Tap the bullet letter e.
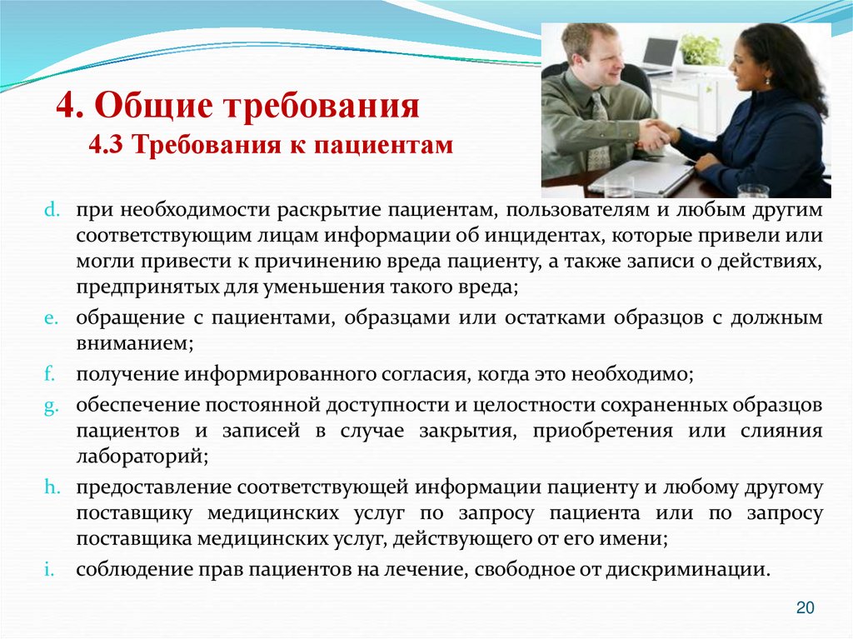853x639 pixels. tap(48, 318)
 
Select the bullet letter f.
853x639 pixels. tap(47, 374)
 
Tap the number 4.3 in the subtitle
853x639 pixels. tap(106, 146)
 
